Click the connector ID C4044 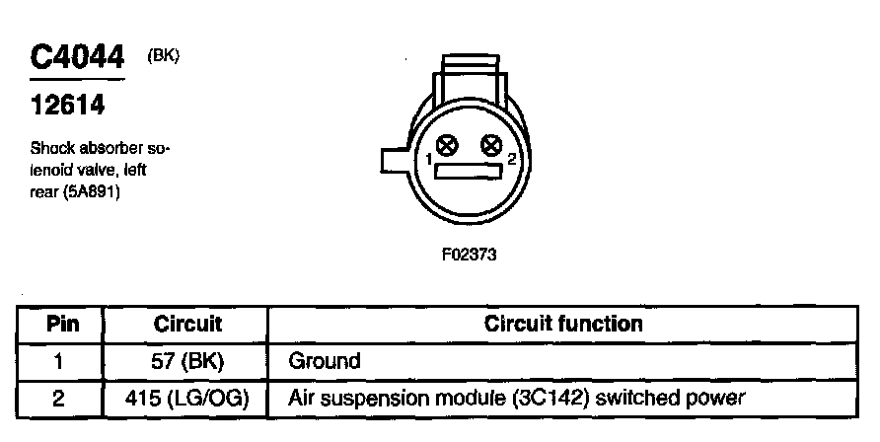78,56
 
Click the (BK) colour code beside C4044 163,55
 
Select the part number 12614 67,104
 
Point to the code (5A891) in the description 103,192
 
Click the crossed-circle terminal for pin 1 447,147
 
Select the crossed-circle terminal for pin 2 490,147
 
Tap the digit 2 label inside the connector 510,159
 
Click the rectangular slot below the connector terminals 469,174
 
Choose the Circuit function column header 563,324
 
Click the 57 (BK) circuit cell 187,361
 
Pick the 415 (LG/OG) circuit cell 187,399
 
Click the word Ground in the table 325,361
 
